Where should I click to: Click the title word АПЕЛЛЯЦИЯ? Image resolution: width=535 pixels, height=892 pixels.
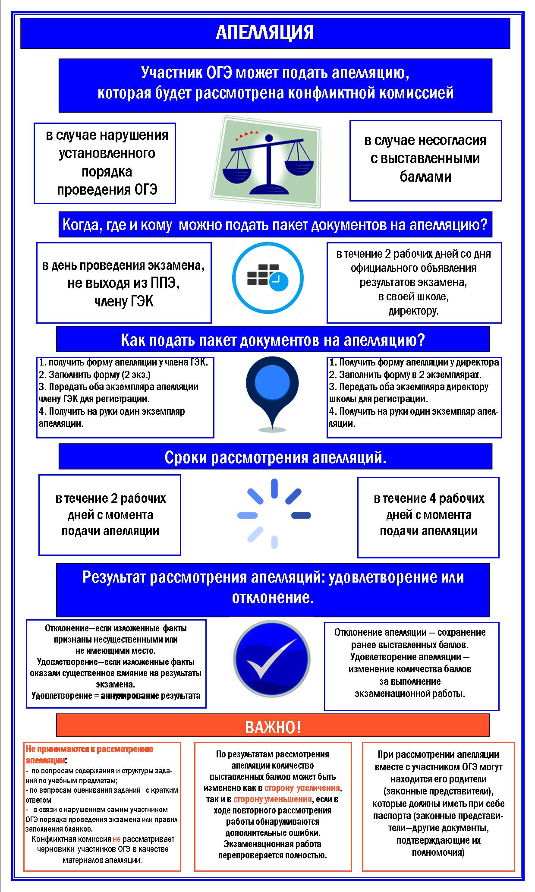coord(265,33)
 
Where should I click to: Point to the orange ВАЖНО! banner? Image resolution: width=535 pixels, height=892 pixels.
coord(273,727)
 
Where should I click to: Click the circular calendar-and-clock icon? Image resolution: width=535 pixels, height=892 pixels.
coord(268,277)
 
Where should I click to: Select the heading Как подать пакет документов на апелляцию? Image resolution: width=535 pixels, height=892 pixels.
coord(273,340)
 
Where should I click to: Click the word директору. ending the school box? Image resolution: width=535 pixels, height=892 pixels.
coord(413,311)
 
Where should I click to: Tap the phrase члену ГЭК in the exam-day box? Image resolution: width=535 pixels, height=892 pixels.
coord(124,301)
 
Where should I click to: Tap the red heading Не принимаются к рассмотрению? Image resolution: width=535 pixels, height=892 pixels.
coord(90,749)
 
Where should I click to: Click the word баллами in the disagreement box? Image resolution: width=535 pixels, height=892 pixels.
coord(425,177)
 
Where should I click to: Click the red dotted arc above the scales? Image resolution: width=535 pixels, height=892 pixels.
coord(245,133)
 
